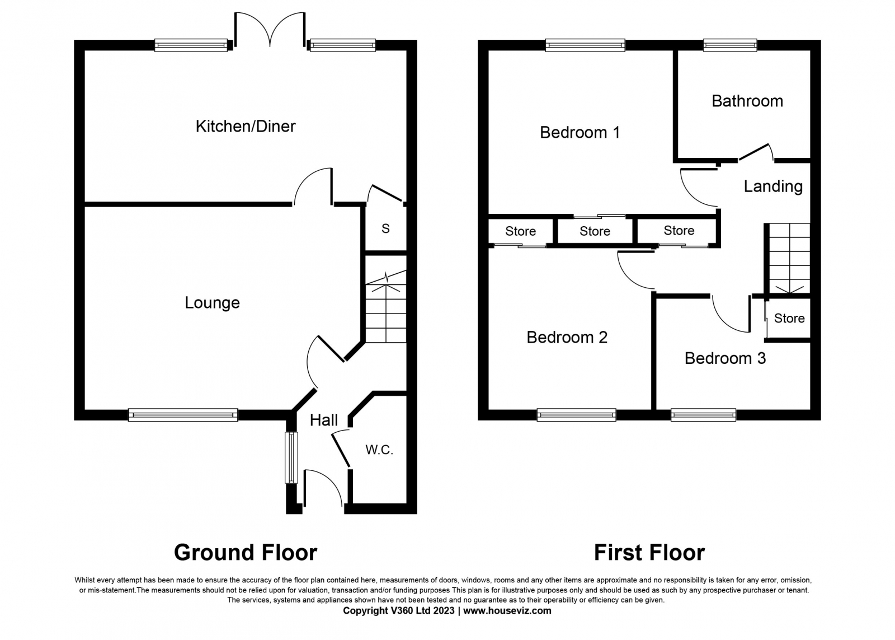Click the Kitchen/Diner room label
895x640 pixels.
click(x=246, y=127)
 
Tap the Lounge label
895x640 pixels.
click(x=212, y=303)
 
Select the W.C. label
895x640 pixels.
click(x=379, y=450)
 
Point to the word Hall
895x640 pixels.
click(x=324, y=420)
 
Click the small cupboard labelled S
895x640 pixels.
click(x=385, y=228)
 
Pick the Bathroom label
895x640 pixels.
click(x=747, y=101)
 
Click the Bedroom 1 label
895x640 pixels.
click(x=580, y=132)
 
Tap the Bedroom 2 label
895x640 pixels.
click(x=567, y=337)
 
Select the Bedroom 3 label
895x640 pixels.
click(x=725, y=358)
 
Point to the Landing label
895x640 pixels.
click(x=773, y=186)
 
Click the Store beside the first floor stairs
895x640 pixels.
click(x=789, y=318)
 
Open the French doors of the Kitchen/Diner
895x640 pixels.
click(x=270, y=30)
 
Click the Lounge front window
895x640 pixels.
click(x=183, y=415)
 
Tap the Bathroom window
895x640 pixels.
click(x=730, y=45)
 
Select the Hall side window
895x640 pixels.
click(x=291, y=457)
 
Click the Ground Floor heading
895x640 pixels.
click(x=246, y=553)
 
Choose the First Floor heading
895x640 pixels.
click(x=649, y=553)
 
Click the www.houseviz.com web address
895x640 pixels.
click(x=507, y=611)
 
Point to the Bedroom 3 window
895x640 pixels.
click(x=703, y=415)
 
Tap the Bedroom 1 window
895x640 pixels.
click(x=585, y=45)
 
